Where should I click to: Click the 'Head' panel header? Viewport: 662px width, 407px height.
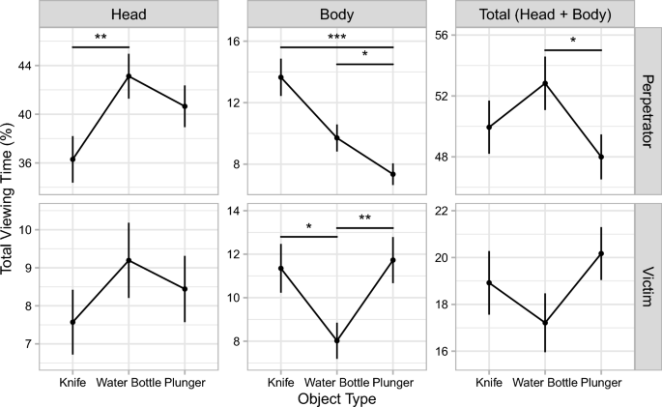(x=129, y=15)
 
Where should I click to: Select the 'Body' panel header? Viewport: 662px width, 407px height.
(x=336, y=15)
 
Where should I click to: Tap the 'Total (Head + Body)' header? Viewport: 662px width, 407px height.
(x=544, y=15)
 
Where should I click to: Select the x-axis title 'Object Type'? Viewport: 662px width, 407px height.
(x=336, y=397)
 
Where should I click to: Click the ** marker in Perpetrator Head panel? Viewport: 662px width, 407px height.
(x=101, y=37)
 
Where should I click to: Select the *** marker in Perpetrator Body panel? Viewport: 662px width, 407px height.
(x=336, y=37)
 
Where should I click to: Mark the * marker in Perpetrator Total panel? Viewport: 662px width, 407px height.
(x=573, y=41)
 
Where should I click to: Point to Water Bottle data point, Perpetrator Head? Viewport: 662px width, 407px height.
(x=129, y=76)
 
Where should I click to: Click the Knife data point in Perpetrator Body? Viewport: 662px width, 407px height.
(x=280, y=77)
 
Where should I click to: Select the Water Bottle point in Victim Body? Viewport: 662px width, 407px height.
(x=336, y=340)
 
